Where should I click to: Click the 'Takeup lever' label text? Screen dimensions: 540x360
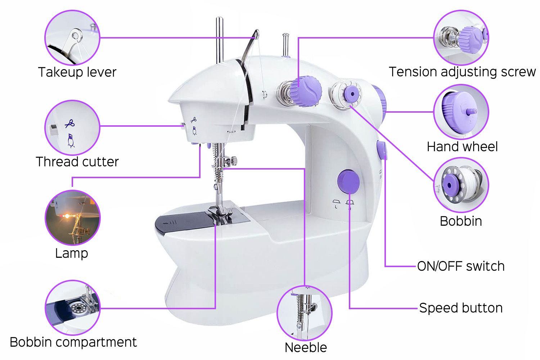(77, 72)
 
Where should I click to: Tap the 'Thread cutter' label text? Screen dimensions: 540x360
(77, 162)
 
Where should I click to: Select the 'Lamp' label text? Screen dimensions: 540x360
(72, 253)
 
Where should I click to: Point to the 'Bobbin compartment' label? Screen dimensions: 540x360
(73, 342)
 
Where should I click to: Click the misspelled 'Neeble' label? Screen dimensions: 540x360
(306, 347)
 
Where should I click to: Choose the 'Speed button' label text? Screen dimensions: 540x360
(461, 308)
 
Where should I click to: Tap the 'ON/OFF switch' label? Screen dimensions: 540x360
(461, 266)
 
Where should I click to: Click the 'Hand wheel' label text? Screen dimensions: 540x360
(462, 147)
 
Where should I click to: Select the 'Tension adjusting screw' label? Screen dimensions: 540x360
(462, 72)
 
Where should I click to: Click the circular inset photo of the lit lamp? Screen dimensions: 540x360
(73, 218)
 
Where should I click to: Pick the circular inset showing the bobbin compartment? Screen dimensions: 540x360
(73, 308)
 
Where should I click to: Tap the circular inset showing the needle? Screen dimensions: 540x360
(305, 313)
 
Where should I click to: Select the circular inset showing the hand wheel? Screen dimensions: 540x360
(461, 112)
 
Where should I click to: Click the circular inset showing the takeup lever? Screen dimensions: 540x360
(72, 37)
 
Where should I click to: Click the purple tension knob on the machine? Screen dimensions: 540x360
(305, 91)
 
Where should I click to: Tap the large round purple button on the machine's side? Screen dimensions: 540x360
(348, 181)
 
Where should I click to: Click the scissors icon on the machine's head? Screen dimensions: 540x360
(194, 120)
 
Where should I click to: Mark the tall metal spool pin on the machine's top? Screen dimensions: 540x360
(220, 40)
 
